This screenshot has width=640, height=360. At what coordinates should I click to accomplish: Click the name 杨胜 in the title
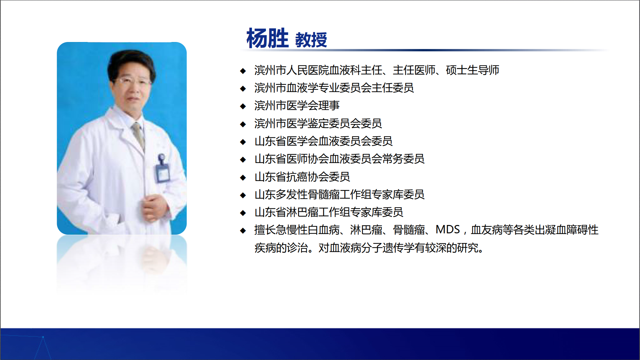[x=267, y=38]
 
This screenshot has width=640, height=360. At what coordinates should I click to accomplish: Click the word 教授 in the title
[x=311, y=40]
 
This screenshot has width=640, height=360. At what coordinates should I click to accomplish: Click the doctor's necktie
[x=139, y=135]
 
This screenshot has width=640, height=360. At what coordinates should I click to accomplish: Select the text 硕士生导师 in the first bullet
[x=472, y=70]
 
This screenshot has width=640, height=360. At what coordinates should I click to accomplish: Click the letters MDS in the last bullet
[x=448, y=230]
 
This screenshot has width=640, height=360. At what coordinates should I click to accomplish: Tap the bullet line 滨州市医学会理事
[x=297, y=106]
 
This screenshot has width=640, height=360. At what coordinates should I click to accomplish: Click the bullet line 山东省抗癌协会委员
[x=302, y=177]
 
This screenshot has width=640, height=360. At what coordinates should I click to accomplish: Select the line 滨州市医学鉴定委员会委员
[x=318, y=123]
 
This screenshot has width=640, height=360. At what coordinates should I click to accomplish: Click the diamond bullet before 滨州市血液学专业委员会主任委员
[x=243, y=88]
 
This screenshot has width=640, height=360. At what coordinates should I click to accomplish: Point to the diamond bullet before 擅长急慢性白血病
[x=243, y=230]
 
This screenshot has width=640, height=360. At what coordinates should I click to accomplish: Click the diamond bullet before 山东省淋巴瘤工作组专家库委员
[x=243, y=213]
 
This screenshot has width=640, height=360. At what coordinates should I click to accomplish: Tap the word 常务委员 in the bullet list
[x=403, y=159]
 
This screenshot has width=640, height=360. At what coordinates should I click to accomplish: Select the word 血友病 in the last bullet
[x=487, y=230]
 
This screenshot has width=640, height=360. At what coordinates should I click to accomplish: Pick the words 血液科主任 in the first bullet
[x=356, y=70]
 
